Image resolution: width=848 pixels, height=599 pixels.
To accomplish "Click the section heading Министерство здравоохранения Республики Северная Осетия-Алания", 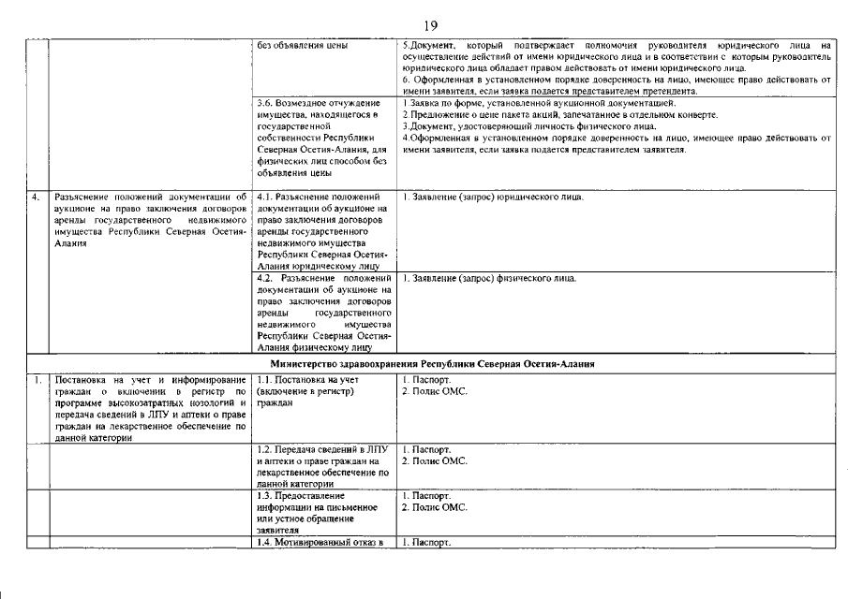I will click(x=434, y=362).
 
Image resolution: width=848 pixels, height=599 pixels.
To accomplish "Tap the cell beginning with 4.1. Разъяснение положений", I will click(x=323, y=231).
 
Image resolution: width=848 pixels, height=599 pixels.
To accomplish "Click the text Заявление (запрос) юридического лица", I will click(x=493, y=197).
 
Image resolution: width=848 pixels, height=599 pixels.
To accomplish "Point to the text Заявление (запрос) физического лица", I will click(x=489, y=278).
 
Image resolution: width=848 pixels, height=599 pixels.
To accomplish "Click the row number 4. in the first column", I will click(x=36, y=197).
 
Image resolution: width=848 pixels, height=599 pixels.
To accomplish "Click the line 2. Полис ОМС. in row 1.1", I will click(x=435, y=391).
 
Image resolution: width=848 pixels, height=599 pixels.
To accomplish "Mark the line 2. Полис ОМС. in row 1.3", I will click(x=435, y=507).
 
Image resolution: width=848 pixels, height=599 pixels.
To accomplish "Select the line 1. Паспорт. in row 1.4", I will click(x=427, y=542).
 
